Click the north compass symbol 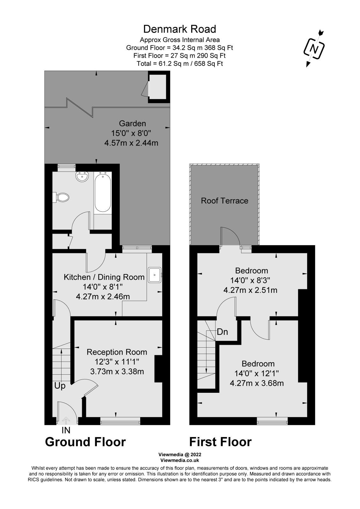[x=314, y=49]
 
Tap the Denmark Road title [x=180, y=29]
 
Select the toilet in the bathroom [x=62, y=197]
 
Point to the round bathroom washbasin [x=82, y=177]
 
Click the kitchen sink [x=155, y=274]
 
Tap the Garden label [x=132, y=123]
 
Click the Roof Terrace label [x=224, y=201]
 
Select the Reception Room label [x=117, y=352]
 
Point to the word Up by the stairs [x=60, y=385]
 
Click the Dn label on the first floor [x=222, y=332]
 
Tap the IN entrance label [x=66, y=430]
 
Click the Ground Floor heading [x=85, y=442]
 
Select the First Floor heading [x=220, y=442]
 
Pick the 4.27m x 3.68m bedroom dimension [x=256, y=383]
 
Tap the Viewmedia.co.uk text [x=180, y=460]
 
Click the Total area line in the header [x=180, y=63]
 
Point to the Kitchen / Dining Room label [x=104, y=277]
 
